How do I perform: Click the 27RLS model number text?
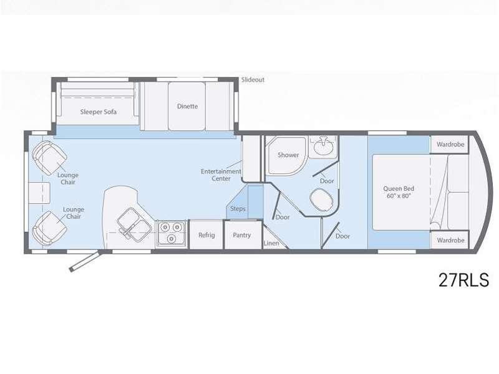(x=463, y=280)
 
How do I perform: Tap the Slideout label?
(x=253, y=80)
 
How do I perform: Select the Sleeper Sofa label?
(x=99, y=112)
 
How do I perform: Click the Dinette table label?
(x=188, y=106)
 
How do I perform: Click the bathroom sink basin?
(x=323, y=146)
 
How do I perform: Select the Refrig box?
(x=206, y=235)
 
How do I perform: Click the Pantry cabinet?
(x=243, y=235)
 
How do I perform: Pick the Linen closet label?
(x=271, y=243)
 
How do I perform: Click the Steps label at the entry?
(x=238, y=209)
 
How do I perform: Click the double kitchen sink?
(x=134, y=224)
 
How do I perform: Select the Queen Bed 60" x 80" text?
(x=399, y=192)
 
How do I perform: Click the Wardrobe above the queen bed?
(x=449, y=145)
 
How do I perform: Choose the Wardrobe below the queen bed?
(x=449, y=240)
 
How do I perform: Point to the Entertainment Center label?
(x=221, y=175)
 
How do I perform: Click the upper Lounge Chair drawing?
(x=49, y=158)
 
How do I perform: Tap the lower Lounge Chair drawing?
(x=49, y=228)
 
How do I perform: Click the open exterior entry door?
(x=85, y=261)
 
